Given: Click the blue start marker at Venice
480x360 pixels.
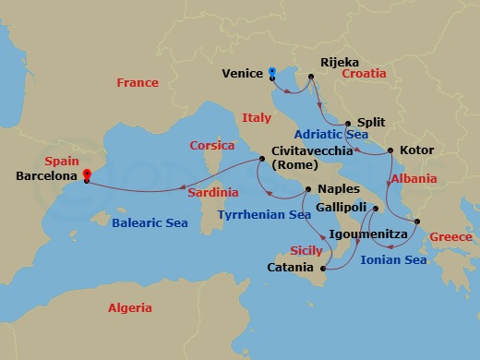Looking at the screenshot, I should pyautogui.click(x=272, y=72).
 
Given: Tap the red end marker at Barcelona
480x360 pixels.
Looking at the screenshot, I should pyautogui.click(x=86, y=174).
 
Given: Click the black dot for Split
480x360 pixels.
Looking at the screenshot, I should pyautogui.click(x=347, y=123).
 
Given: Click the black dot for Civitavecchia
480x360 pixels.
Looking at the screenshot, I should pyautogui.click(x=262, y=160).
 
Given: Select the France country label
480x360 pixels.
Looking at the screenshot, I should pyautogui.click(x=137, y=83).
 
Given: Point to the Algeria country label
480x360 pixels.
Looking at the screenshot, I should pyautogui.click(x=129, y=307).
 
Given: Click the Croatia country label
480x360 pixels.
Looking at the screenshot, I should pyautogui.click(x=364, y=72).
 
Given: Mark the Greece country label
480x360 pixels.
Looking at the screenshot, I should pyautogui.click(x=450, y=237).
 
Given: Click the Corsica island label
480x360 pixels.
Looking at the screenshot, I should pyautogui.click(x=211, y=145).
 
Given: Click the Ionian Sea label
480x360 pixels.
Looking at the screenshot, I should pyautogui.click(x=394, y=260).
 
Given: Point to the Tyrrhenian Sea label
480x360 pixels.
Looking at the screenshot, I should pyautogui.click(x=263, y=214).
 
